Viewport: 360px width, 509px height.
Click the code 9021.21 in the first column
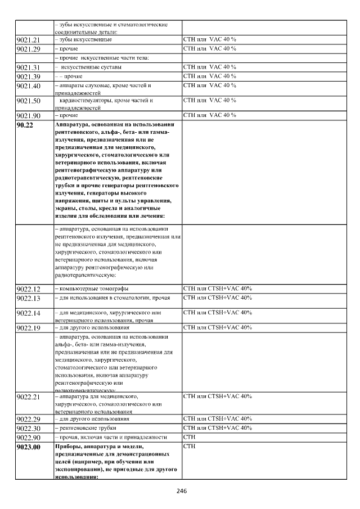click(29, 40)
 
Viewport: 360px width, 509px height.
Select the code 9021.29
click(29, 49)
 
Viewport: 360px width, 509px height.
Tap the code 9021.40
click(29, 86)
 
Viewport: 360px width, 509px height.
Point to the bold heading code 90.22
click(25, 125)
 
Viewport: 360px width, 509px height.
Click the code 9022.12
click(29, 289)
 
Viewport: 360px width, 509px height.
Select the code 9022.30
click(29, 429)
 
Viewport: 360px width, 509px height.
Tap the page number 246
click(181, 491)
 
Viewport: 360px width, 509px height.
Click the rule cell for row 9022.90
click(190, 437)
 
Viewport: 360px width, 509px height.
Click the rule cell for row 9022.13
click(218, 298)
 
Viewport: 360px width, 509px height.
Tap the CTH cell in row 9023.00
click(190, 446)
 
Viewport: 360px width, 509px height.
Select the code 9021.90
click(29, 115)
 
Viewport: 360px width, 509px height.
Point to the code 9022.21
click(29, 397)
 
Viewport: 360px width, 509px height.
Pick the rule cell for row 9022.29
click(218, 419)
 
